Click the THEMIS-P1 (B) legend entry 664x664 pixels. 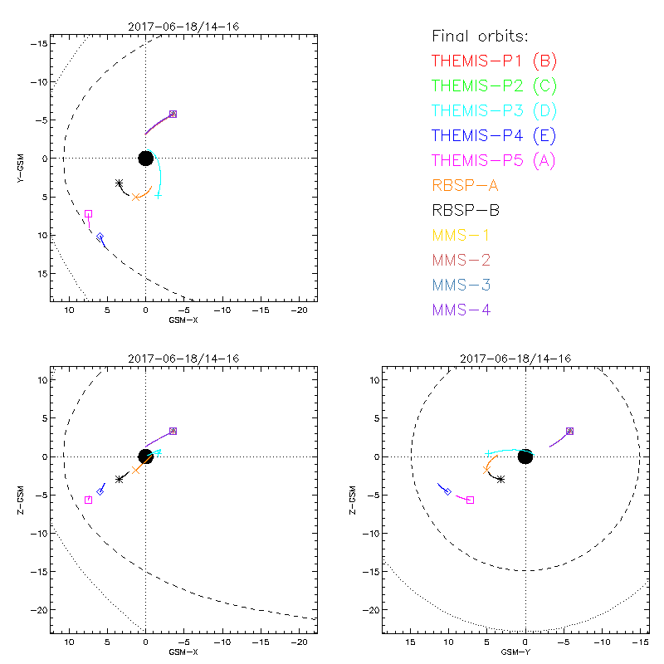coord(494,61)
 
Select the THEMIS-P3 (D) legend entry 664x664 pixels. coord(494,110)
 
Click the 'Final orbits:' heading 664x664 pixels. coord(481,36)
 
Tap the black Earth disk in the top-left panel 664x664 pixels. coord(145,158)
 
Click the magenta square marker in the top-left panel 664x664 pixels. coord(88,213)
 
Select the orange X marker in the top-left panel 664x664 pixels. coord(135,197)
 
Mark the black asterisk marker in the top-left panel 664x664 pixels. coord(119,183)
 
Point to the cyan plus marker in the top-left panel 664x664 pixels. coord(158,195)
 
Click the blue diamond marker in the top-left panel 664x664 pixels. coord(100,237)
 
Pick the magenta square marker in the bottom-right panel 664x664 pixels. coord(471,500)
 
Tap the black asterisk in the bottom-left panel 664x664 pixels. coord(120,479)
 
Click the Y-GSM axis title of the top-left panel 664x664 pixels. coord(26,158)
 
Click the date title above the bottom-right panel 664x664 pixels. coord(525,359)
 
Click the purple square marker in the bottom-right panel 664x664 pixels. coord(569,431)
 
